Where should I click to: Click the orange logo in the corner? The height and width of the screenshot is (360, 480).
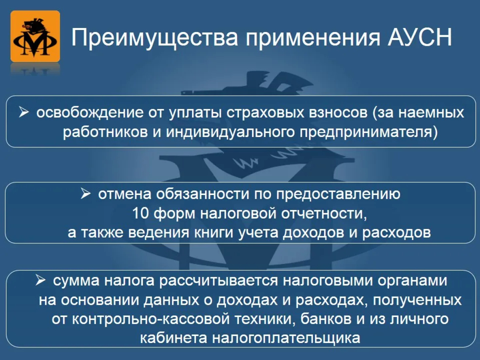click(x=35, y=36)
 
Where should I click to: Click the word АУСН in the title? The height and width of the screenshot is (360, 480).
click(x=420, y=37)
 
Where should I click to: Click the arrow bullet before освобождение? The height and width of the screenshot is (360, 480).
click(x=23, y=112)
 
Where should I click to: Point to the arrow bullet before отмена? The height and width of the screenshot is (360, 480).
click(x=86, y=193)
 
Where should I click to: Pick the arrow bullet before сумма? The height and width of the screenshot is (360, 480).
click(x=41, y=280)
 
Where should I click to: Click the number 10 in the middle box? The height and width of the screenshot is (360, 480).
click(x=141, y=213)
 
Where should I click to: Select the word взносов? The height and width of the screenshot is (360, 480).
click(x=339, y=113)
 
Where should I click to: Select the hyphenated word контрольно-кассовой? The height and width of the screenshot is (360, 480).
click(x=151, y=319)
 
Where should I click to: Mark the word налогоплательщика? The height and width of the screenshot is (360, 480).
click(x=286, y=338)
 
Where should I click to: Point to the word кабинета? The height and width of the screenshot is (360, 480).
click(x=174, y=338)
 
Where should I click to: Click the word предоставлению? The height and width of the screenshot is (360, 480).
click(x=338, y=194)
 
